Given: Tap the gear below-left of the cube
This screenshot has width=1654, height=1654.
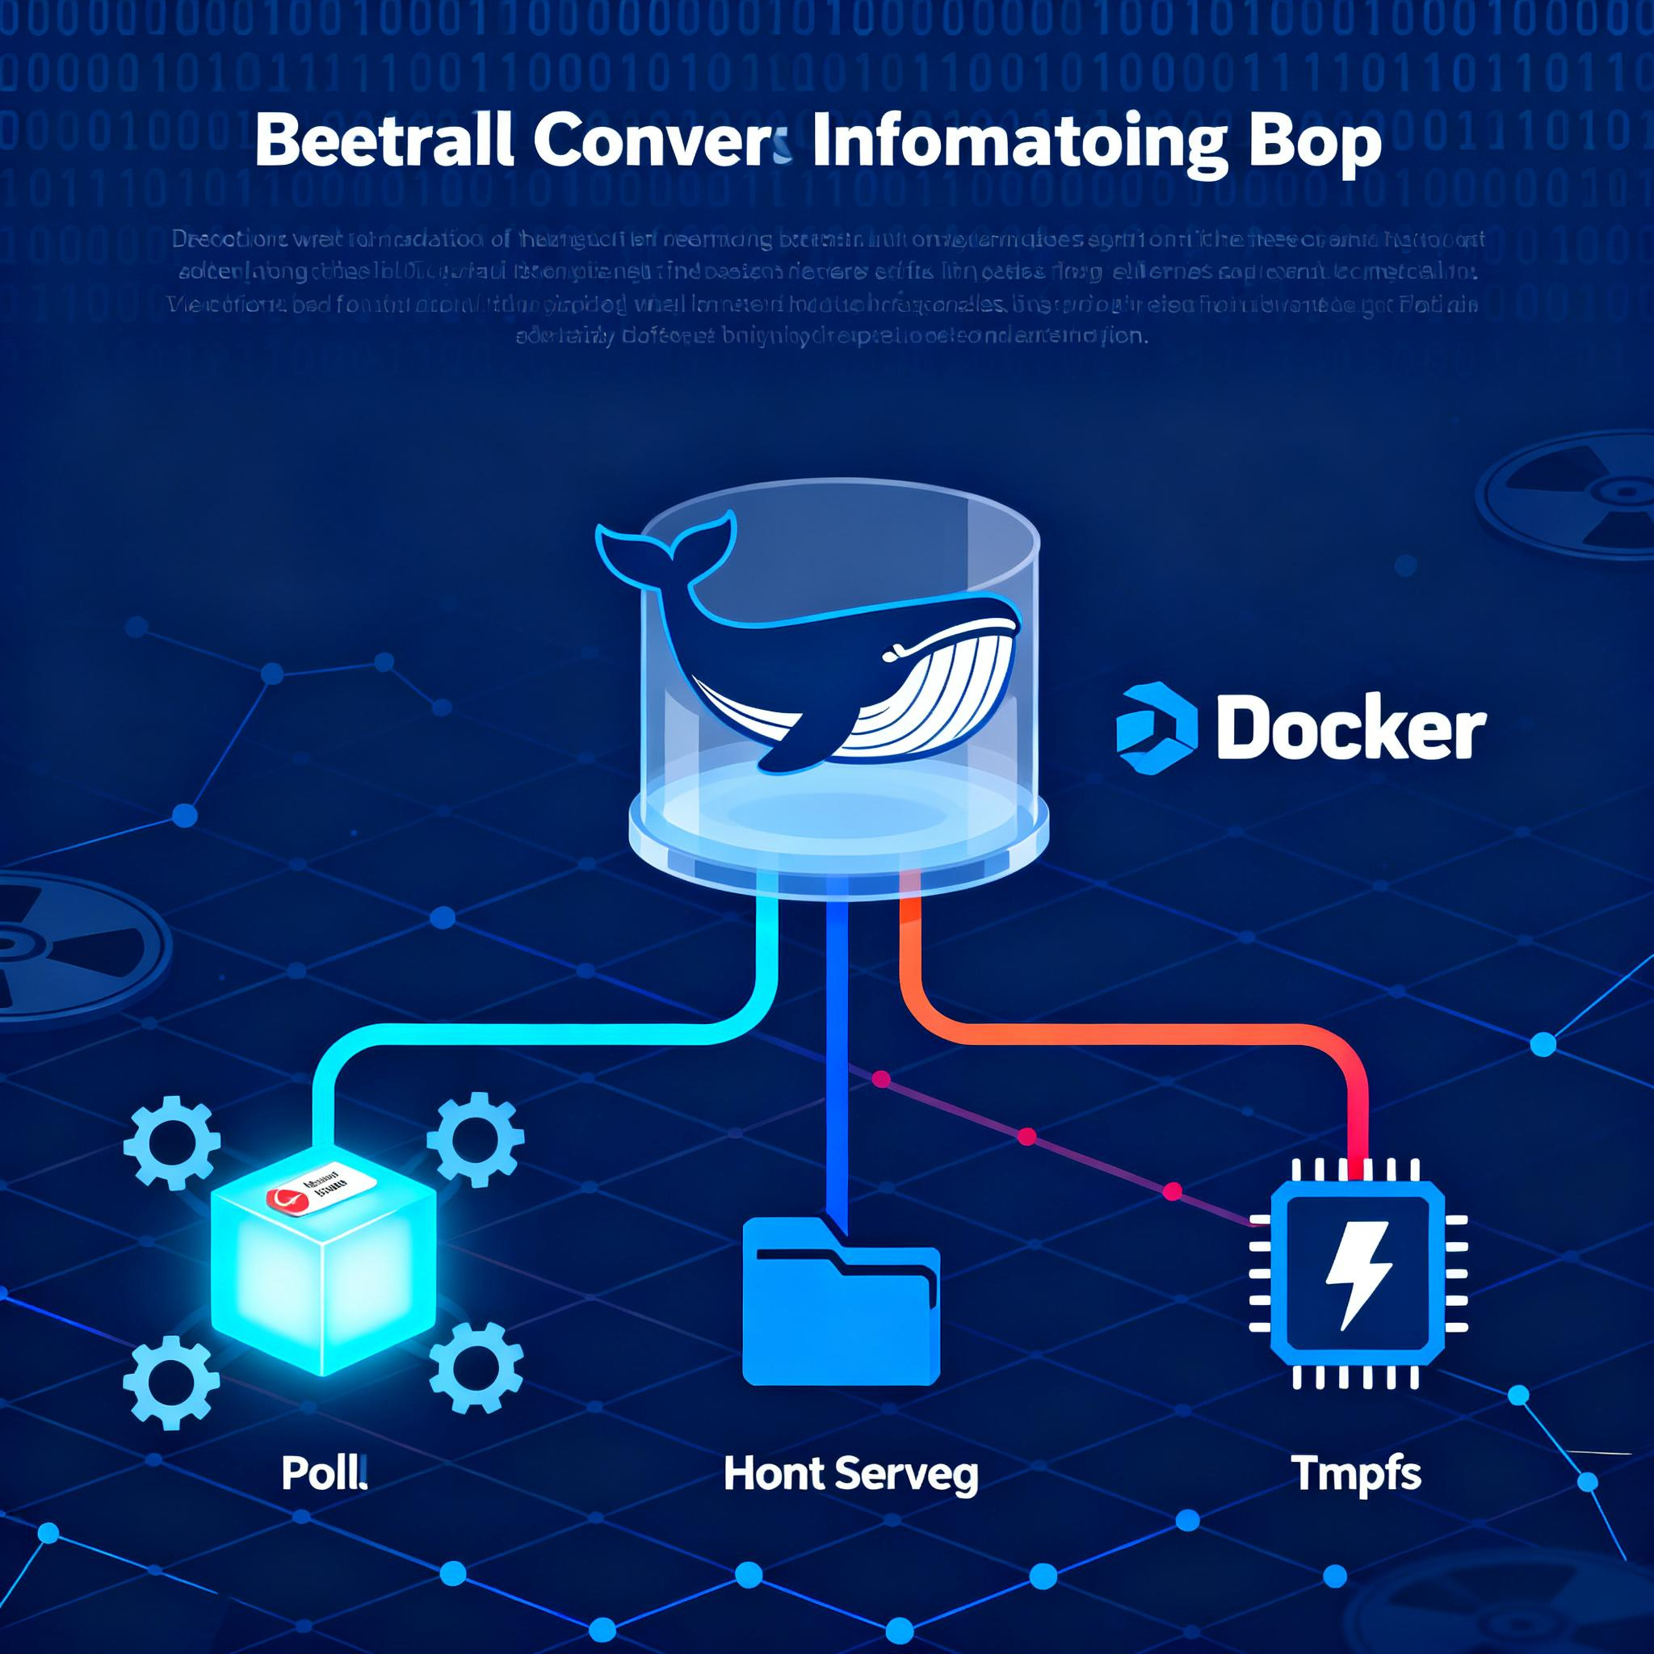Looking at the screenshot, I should point(171,1379).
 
